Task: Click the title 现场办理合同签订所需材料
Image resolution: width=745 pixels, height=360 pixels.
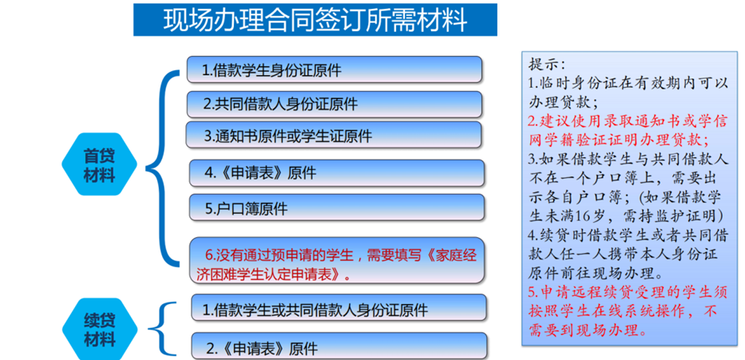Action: pos(315,19)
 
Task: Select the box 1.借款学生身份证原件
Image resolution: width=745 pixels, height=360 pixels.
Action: pos(335,69)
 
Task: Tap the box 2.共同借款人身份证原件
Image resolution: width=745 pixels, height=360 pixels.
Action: pos(335,104)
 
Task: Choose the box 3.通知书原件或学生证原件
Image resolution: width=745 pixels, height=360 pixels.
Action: pos(335,136)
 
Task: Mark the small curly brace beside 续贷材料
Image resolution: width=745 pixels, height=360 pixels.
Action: pos(165,327)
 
